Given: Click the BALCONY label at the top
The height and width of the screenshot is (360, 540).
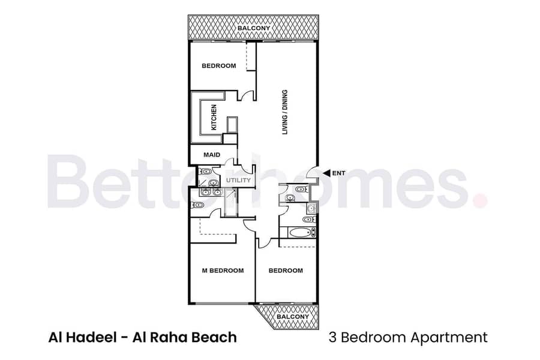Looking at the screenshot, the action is click(x=253, y=28).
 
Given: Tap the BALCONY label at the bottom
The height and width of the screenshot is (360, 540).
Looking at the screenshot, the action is click(x=293, y=317).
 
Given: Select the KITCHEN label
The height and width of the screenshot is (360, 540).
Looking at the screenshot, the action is click(x=214, y=118).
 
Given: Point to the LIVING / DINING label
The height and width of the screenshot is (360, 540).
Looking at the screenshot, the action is click(x=285, y=112).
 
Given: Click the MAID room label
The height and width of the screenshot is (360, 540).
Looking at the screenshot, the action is click(x=212, y=155).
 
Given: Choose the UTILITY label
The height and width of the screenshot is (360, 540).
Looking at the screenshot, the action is click(x=238, y=180).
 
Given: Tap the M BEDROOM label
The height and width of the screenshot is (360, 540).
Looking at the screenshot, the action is click(x=223, y=271).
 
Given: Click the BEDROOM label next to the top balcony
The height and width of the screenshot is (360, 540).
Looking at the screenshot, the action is click(x=219, y=66).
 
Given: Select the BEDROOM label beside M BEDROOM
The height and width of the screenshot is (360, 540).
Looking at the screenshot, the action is click(x=286, y=271).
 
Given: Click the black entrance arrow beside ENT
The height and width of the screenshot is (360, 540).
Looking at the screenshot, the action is click(x=327, y=173).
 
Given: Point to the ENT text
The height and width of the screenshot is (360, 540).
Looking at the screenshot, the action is click(x=338, y=173).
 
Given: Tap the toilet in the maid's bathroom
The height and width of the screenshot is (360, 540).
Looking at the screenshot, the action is click(x=206, y=171).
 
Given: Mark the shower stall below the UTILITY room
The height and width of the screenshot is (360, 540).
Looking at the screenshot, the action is click(x=230, y=203).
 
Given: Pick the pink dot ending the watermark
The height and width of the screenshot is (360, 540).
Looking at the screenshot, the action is click(x=481, y=200).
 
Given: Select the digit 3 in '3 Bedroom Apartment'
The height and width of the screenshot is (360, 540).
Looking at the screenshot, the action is click(x=332, y=337).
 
